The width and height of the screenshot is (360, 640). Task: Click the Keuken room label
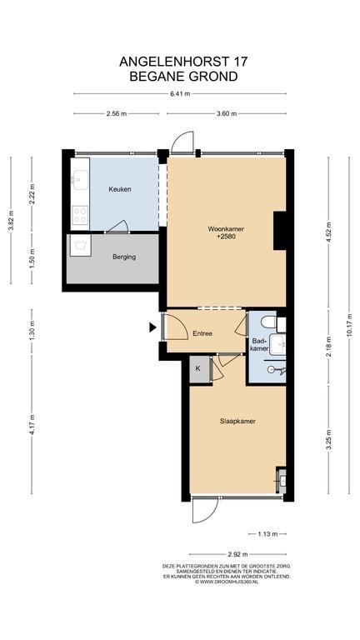click(120, 189)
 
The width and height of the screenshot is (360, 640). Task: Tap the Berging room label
click(124, 257)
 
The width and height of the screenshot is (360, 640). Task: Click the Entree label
click(202, 333)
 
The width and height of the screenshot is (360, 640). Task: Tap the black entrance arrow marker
click(152, 327)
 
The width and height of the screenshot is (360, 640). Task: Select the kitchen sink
click(80, 180)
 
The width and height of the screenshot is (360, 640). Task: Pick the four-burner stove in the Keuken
click(80, 216)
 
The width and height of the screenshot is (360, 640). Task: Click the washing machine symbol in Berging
click(80, 245)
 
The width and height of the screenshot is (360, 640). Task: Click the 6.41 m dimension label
click(180, 93)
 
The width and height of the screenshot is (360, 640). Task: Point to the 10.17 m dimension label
click(349, 325)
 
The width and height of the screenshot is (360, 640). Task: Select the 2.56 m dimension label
click(117, 114)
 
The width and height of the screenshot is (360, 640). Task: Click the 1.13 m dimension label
click(267, 534)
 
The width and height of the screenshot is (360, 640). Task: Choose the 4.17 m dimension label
click(32, 424)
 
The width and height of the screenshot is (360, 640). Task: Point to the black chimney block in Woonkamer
click(279, 231)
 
